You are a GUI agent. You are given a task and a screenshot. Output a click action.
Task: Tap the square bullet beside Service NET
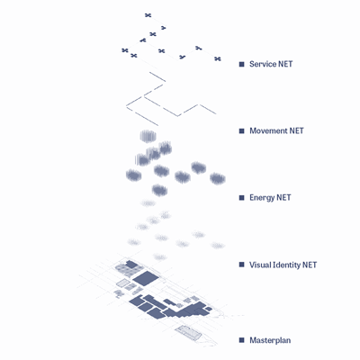[242, 64]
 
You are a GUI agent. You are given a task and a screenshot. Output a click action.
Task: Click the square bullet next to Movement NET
[242, 130]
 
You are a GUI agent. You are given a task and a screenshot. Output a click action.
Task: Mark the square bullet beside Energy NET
[242, 198]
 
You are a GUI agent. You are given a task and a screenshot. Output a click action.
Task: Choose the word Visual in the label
[259, 265]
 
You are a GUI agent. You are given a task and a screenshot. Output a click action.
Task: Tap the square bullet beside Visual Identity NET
[242, 265]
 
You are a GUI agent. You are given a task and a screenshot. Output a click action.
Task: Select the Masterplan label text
[270, 340]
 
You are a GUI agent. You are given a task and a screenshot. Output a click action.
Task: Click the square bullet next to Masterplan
[242, 340]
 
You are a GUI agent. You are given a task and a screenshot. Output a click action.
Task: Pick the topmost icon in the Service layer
[148, 15]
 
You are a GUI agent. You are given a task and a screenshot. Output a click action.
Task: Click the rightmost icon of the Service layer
[218, 58]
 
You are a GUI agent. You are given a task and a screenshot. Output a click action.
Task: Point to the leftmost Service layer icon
[125, 50]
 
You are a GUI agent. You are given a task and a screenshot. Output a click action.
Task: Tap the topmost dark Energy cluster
[148, 136]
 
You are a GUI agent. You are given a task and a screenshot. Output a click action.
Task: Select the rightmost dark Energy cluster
[218, 178]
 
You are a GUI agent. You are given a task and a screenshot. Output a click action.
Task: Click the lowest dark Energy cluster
[159, 190]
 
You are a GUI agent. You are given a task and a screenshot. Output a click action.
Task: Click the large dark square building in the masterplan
[146, 278]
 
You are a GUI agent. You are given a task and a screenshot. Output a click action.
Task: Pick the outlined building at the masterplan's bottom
[188, 332]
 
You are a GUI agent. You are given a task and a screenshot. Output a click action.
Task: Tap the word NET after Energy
[283, 198]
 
